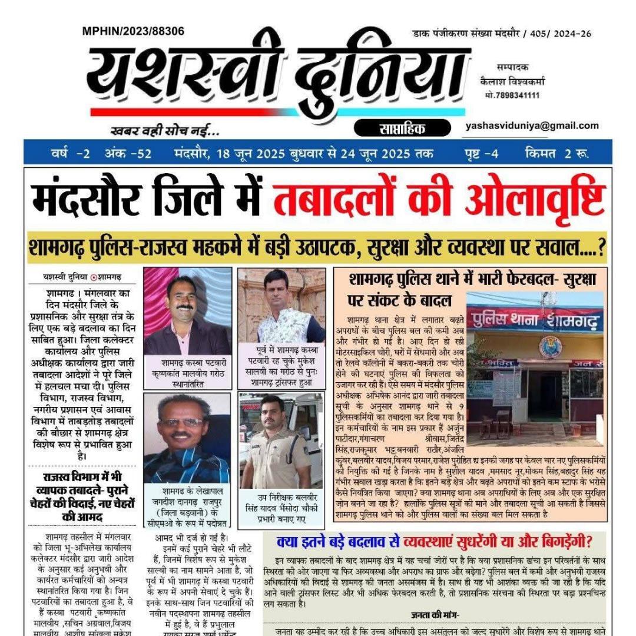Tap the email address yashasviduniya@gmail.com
click(x=532, y=125)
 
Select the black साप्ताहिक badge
click(x=398, y=127)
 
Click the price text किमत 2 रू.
click(x=556, y=154)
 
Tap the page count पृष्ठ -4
click(x=481, y=154)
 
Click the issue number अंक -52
click(x=128, y=154)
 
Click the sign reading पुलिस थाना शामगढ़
click(x=534, y=321)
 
